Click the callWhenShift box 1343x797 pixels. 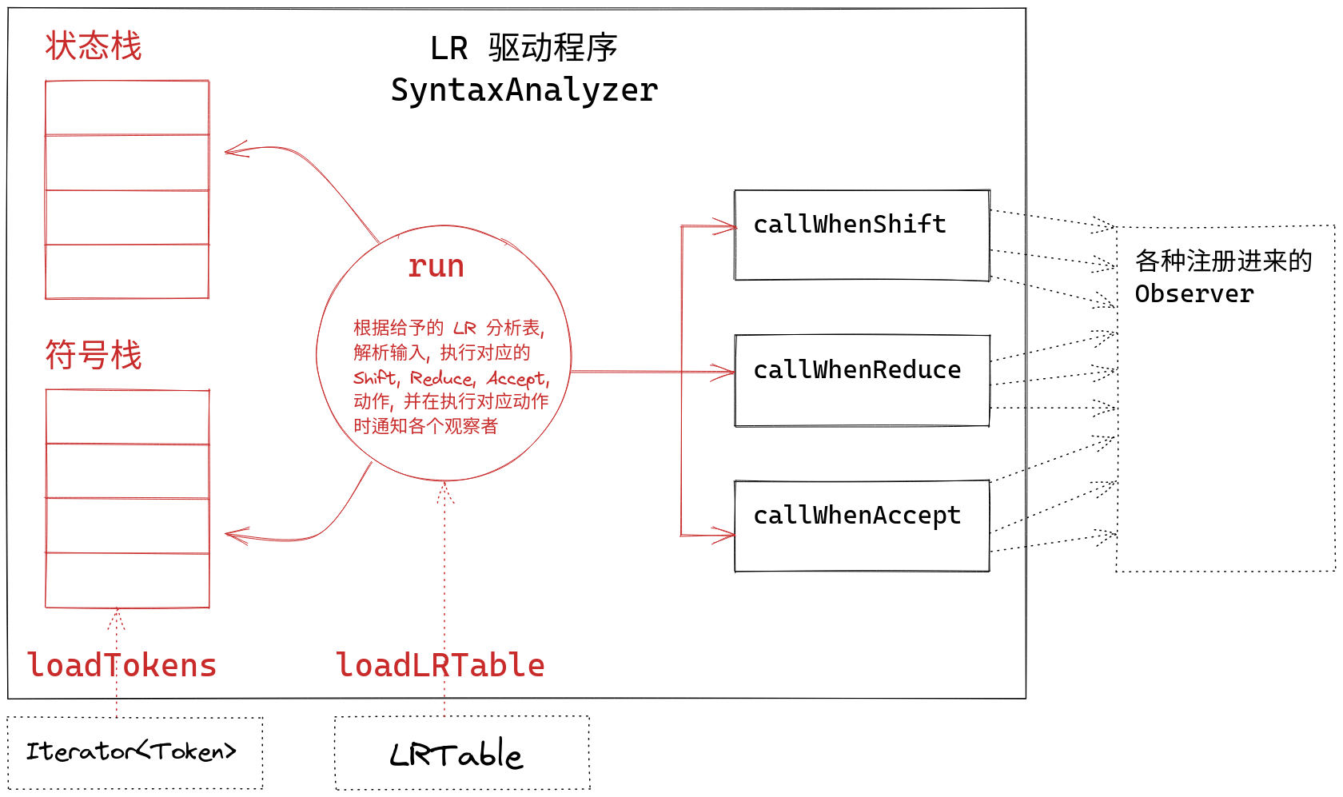[x=862, y=235]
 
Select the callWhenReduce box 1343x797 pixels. [x=862, y=381]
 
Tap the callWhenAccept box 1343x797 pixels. [x=862, y=526]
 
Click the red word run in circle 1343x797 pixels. [x=436, y=266]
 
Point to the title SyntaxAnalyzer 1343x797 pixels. [x=524, y=90]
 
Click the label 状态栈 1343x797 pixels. [x=94, y=46]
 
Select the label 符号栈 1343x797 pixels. [x=94, y=355]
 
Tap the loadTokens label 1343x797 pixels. [x=122, y=665]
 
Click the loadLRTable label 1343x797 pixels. [x=440, y=665]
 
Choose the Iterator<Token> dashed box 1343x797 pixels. [x=134, y=752]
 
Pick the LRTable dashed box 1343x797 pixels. [x=461, y=753]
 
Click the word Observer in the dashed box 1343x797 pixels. [x=1194, y=294]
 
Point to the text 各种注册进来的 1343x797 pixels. [x=1223, y=261]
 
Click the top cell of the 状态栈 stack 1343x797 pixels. [x=127, y=108]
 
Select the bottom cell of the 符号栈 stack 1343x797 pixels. [x=127, y=580]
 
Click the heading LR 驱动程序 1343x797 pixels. [x=524, y=48]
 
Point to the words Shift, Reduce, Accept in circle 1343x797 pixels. [x=452, y=378]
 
